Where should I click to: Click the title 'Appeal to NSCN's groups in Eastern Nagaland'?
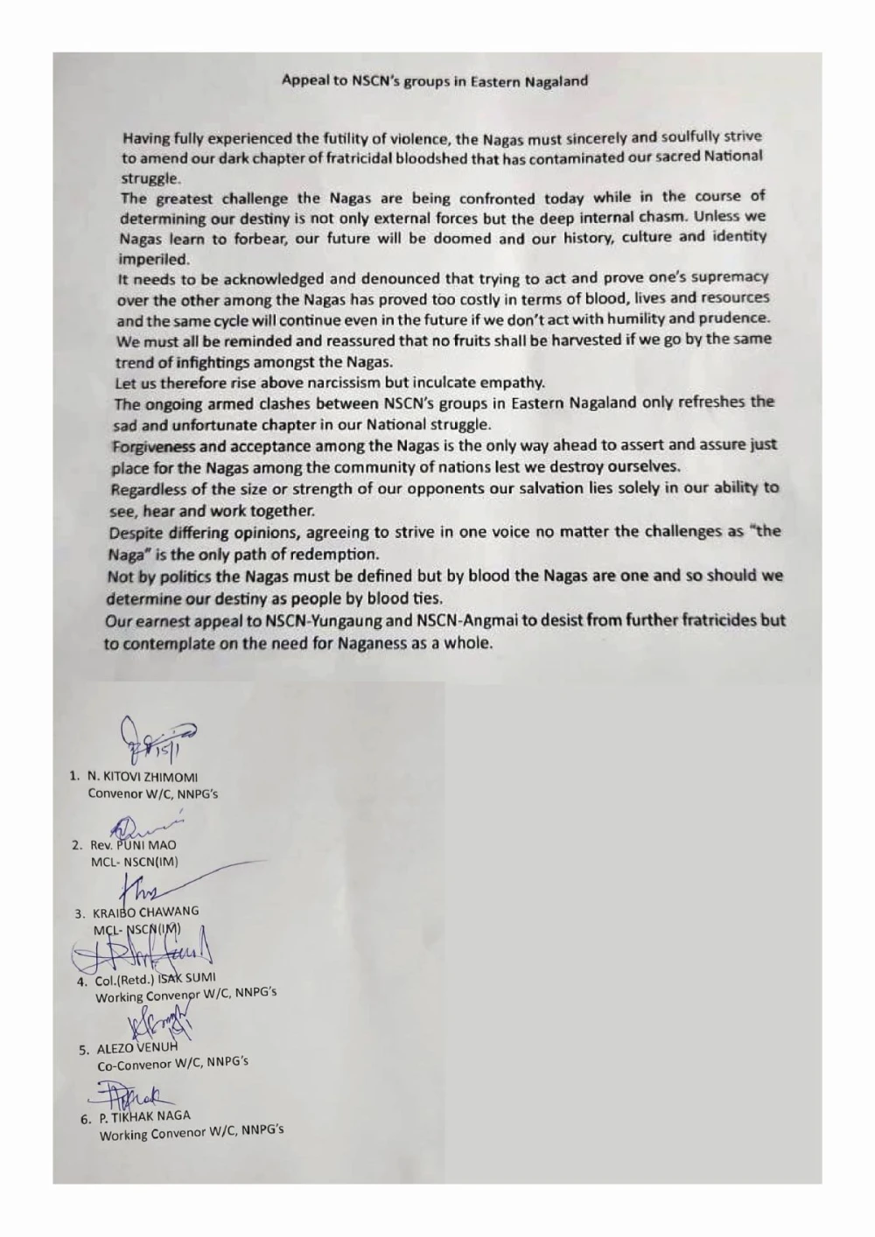coord(435,81)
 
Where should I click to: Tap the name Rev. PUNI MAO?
coord(133,845)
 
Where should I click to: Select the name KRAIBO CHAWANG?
coord(145,912)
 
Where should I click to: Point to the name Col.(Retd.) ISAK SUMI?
coord(156,979)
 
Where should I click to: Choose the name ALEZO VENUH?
coord(136,1047)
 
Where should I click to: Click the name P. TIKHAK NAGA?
coord(144,1116)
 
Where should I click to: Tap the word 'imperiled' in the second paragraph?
coord(154,259)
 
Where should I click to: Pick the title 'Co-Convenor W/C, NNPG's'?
coord(172,1064)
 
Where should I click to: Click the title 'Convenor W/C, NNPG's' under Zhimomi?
coord(153,793)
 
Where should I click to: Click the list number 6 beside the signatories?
coord(86,1118)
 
